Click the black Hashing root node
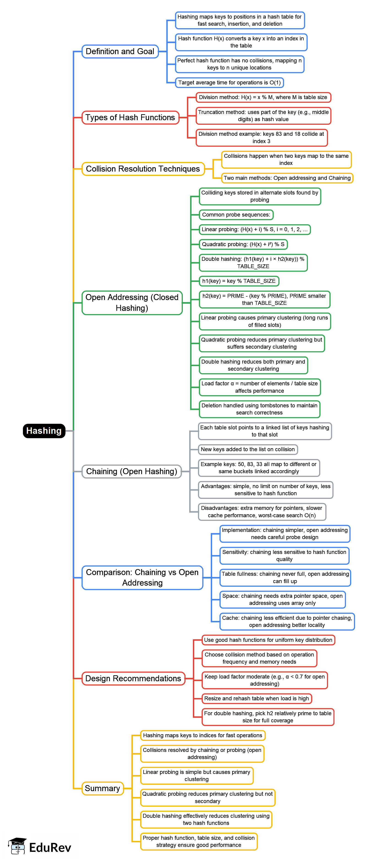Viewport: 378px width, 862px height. [x=44, y=431]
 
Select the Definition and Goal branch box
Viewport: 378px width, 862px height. [x=120, y=52]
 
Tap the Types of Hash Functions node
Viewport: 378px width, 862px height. [x=130, y=117]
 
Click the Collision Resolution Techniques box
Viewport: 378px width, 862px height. [x=143, y=169]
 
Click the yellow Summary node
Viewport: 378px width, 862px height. [x=102, y=788]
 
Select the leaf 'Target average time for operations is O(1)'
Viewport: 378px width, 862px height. [x=229, y=83]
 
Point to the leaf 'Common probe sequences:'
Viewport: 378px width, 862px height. [x=236, y=215]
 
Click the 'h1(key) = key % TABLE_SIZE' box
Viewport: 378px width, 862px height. [x=239, y=281]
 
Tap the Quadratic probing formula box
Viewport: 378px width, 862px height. [x=243, y=244]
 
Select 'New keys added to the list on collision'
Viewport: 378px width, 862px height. [x=248, y=449]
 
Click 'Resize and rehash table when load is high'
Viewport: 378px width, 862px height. [x=256, y=698]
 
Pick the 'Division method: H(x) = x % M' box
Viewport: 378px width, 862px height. [x=263, y=97]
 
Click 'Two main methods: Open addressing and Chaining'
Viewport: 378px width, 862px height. [x=287, y=178]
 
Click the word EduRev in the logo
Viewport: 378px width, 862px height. [x=50, y=848]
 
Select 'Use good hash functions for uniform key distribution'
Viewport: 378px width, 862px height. [x=268, y=640]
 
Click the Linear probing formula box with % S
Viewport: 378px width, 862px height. [x=254, y=230]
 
